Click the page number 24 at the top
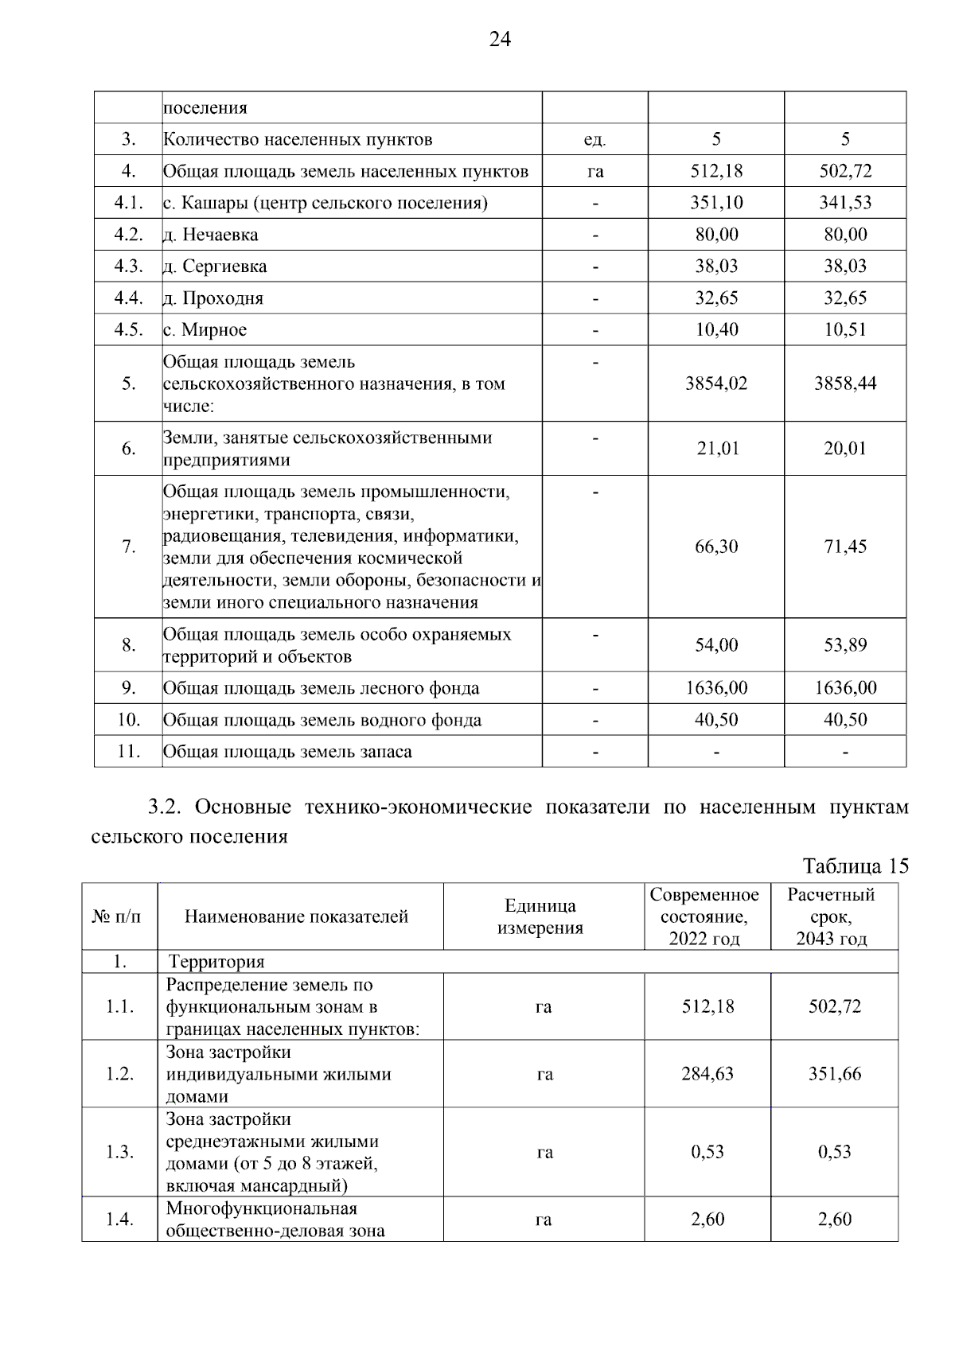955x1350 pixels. (x=500, y=40)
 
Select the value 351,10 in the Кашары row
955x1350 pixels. (x=716, y=203)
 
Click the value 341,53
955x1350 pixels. (x=845, y=203)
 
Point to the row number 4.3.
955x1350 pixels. (x=128, y=266)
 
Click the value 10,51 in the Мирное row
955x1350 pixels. (x=845, y=329)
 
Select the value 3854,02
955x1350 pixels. (x=716, y=383)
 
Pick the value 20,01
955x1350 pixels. (x=845, y=449)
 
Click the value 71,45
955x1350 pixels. (x=845, y=547)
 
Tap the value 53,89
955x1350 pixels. (x=845, y=645)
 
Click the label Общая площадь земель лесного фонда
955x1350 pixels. (x=322, y=688)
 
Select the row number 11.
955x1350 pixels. (x=128, y=751)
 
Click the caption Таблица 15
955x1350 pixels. (x=856, y=866)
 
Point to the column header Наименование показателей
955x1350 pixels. (x=296, y=916)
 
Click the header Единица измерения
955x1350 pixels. (x=540, y=916)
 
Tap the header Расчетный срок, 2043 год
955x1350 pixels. (x=832, y=916)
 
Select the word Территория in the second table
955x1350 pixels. (x=216, y=962)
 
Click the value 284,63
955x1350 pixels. (x=707, y=1074)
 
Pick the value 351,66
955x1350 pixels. (x=835, y=1074)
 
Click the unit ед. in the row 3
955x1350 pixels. (x=594, y=140)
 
